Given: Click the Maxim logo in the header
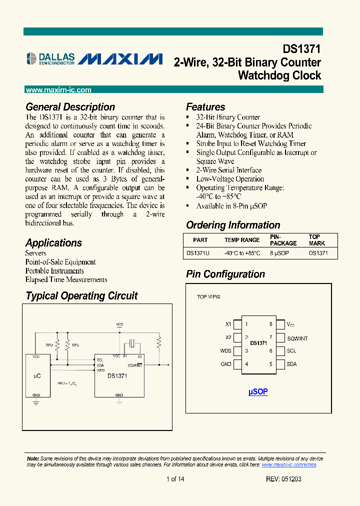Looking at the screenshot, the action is click(x=120, y=59).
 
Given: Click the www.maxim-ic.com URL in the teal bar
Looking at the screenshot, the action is click(x=58, y=90).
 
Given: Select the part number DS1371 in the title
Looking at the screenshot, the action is click(x=301, y=49).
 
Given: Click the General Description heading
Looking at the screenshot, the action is click(x=70, y=107).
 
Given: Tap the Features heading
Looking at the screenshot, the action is click(x=205, y=107).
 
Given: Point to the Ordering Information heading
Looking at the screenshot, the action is click(x=233, y=225).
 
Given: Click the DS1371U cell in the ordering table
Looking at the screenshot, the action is click(x=197, y=253).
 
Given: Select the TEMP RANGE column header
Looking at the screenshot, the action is click(x=242, y=240).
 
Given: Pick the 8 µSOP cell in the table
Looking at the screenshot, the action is click(x=279, y=253).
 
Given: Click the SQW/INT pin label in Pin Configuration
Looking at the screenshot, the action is click(x=297, y=338).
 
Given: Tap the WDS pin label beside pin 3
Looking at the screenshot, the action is click(x=226, y=351).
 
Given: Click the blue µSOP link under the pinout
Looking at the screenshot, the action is click(x=258, y=392).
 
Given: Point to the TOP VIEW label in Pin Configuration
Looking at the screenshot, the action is click(x=208, y=297).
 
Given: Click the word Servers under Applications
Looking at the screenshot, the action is click(x=36, y=253).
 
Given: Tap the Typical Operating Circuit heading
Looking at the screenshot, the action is click(x=81, y=296).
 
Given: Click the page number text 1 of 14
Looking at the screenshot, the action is click(x=175, y=479).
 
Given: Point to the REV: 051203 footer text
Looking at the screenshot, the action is click(x=283, y=479).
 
